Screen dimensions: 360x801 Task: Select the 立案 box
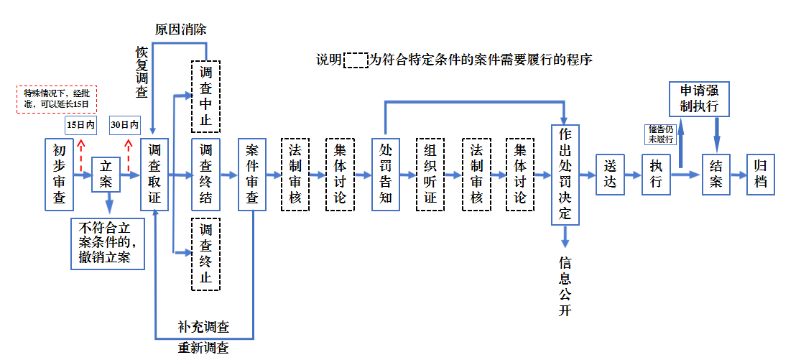pos(106,174)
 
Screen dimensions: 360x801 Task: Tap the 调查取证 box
pos(154,174)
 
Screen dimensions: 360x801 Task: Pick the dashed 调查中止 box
pos(205,96)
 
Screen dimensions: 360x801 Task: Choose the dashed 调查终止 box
pos(205,254)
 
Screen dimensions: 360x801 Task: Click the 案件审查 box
pos(253,174)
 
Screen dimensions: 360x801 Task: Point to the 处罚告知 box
pos(386,174)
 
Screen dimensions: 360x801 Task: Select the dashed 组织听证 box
pos(430,174)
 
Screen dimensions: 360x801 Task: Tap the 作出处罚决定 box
pos(565,174)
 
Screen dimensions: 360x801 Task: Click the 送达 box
pos(611,174)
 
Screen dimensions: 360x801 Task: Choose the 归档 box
pos(761,174)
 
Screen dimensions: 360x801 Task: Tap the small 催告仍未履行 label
pos(660,134)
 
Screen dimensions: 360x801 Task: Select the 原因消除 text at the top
pos(181,29)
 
